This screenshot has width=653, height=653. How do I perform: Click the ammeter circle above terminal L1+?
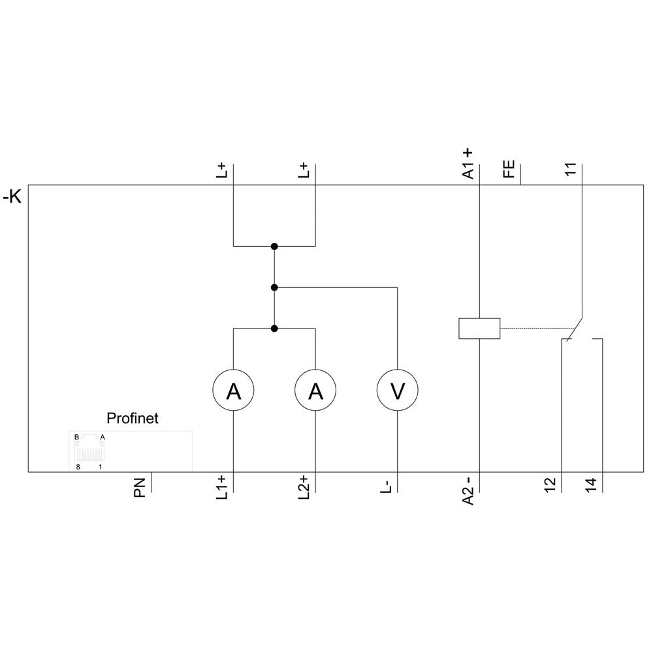coord(233,391)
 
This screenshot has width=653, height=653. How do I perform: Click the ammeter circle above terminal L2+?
coord(315,391)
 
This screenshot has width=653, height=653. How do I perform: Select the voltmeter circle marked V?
coord(397,391)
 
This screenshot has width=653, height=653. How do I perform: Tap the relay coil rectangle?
coord(479,328)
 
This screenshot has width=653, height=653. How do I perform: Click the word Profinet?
coord(132,419)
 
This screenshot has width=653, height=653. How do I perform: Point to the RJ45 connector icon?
coord(89,451)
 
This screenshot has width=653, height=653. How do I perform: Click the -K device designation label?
coord(12,196)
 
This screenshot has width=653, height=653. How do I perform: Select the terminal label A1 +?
coord(468,163)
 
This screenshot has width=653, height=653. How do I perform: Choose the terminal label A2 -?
coord(468,490)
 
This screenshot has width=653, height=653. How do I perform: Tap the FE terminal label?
coord(509,169)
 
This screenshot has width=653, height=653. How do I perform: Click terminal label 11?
coord(571,169)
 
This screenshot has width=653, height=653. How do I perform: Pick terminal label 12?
coord(550,485)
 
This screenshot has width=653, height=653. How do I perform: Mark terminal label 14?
coord(591,485)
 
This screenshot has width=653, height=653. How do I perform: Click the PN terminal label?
coord(140,488)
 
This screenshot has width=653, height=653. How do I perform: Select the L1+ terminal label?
coord(222,488)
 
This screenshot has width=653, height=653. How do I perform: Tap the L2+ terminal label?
coord(304,488)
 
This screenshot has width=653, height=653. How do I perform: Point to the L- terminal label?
coord(386,486)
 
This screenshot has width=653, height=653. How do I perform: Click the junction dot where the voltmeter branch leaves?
coord(274,287)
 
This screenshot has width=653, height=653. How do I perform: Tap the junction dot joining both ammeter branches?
coord(274,328)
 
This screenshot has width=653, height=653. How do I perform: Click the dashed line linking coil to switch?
coord(535,328)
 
